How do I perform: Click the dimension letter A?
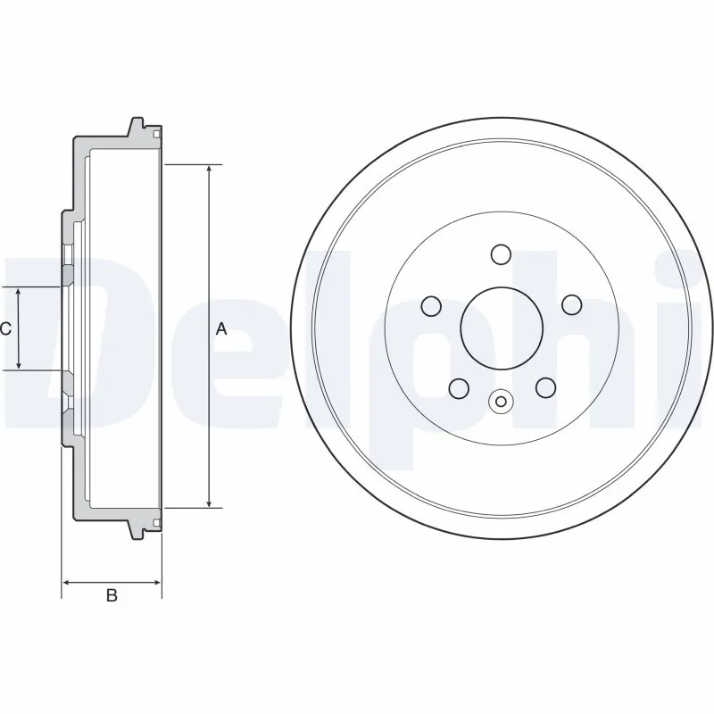[x=222, y=329]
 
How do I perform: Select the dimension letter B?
[x=112, y=595]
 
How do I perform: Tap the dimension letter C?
[x=5, y=329]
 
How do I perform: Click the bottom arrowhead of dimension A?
[x=210, y=502]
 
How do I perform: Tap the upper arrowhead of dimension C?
[x=19, y=294]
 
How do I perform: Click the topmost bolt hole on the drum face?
[x=501, y=255]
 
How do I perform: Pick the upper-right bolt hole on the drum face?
[x=571, y=305]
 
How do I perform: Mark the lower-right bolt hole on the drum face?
[x=544, y=387]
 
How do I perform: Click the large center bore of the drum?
[x=501, y=328]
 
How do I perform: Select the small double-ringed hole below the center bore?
[x=501, y=401]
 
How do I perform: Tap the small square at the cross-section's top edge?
[x=157, y=135]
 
